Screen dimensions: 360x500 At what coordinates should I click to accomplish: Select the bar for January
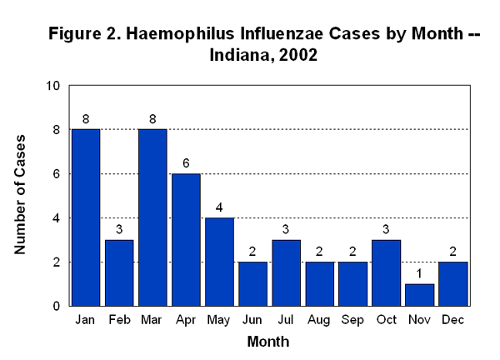(87, 217)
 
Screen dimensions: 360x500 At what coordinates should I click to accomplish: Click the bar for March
(153, 217)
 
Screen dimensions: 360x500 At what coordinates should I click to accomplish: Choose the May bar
(220, 262)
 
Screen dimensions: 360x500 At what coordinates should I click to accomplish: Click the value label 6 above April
(187, 164)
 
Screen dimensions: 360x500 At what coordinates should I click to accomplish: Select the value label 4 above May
(220, 208)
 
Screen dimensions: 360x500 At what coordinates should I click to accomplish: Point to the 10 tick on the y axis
(53, 86)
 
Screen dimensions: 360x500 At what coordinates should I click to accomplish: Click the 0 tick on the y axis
(57, 306)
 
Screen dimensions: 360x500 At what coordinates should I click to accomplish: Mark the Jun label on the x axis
(253, 321)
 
